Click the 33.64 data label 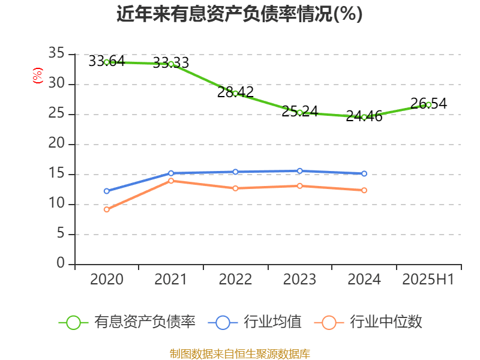click(x=106, y=61)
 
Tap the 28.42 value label click(x=235, y=92)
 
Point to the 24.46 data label click(x=364, y=116)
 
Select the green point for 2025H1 click(x=428, y=104)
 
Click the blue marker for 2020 click(x=107, y=191)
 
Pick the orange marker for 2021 click(x=171, y=181)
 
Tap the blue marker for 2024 click(x=364, y=174)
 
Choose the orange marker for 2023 click(x=300, y=186)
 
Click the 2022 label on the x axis click(x=235, y=280)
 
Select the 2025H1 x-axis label click(x=428, y=280)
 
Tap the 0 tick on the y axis click(x=61, y=264)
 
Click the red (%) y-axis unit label click(x=38, y=76)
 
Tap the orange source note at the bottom click(x=239, y=353)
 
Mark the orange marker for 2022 click(x=235, y=188)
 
